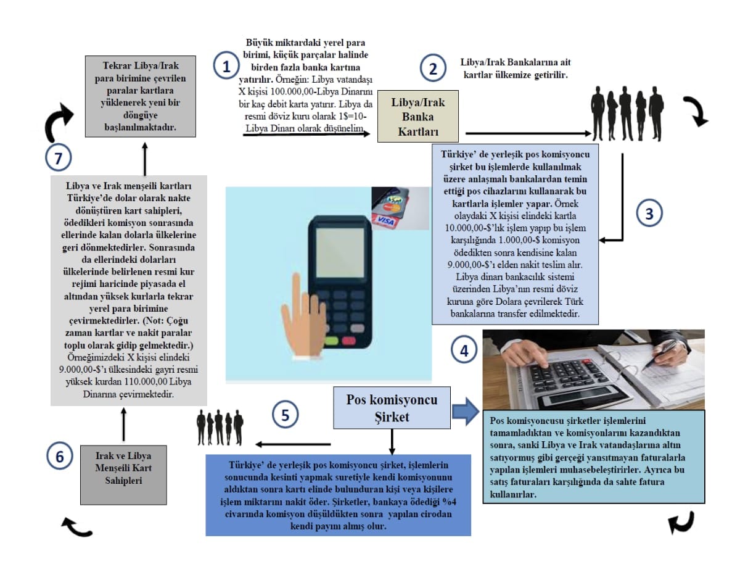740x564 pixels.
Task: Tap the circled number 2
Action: pos(434,67)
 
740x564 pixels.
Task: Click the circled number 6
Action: pos(60,457)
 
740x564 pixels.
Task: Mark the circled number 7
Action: pos(58,159)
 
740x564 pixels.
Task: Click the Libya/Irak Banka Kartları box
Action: pos(418,117)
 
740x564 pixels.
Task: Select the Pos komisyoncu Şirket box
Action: pos(392,408)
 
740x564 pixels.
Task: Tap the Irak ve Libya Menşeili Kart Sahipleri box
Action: pos(115,473)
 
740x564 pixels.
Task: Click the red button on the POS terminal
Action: pos(348,341)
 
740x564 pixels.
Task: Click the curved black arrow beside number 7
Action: pos(59,123)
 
